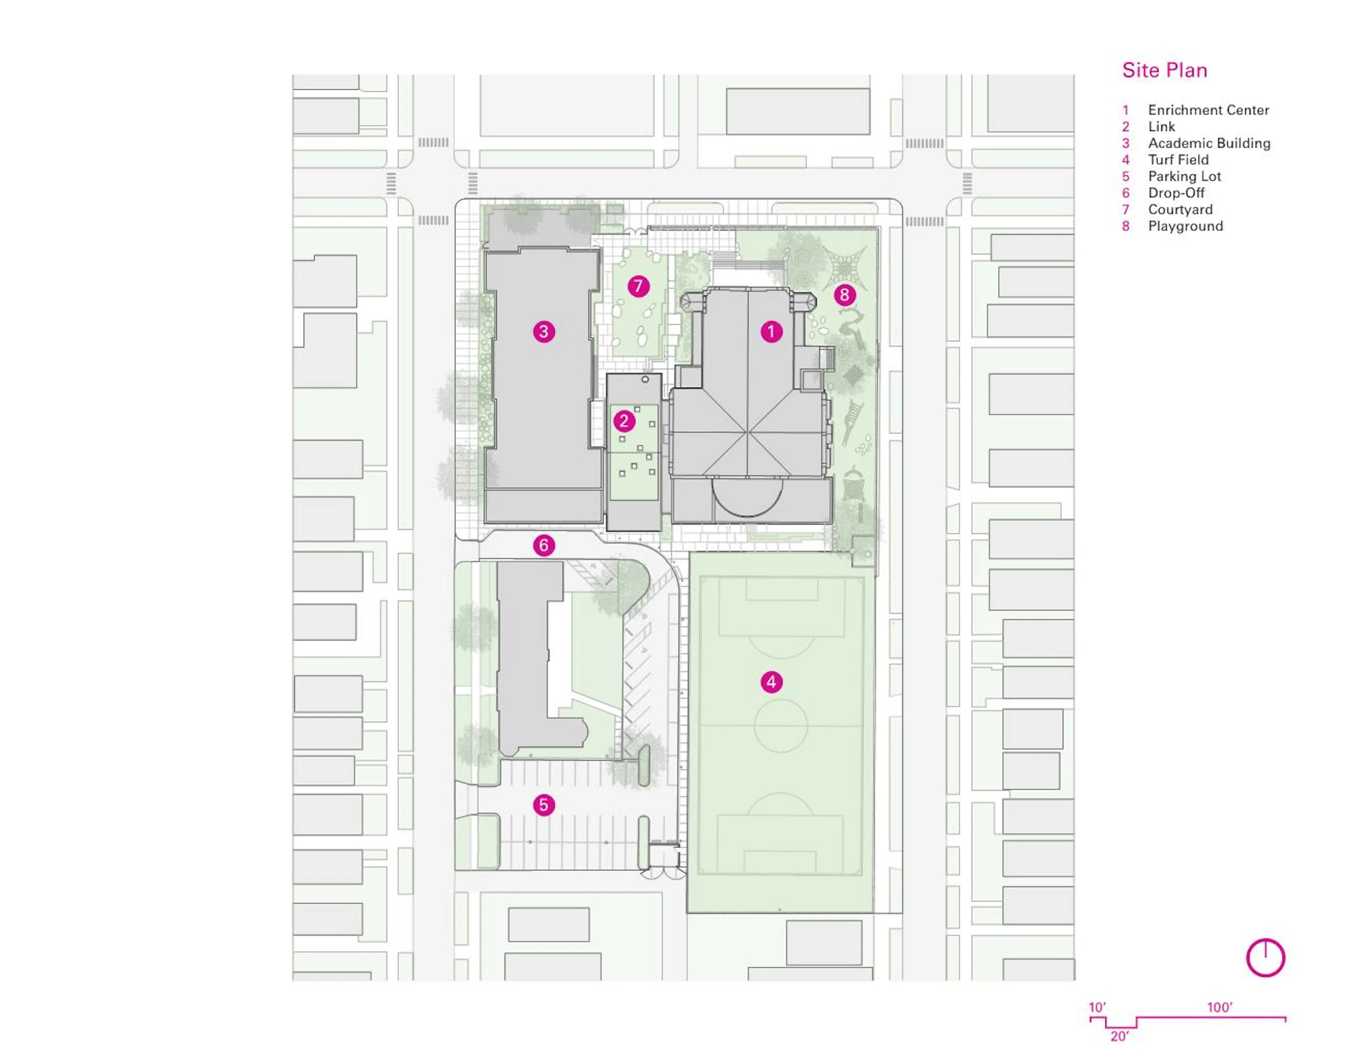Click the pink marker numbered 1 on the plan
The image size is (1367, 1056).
point(771,331)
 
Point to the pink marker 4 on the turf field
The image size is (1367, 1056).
point(771,682)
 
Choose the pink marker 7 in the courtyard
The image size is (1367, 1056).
point(638,286)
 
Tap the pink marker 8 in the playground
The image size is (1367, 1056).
point(844,295)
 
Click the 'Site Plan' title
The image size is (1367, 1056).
point(1164,70)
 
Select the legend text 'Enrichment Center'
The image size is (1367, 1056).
point(1208,110)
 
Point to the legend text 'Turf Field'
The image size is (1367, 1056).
point(1178,159)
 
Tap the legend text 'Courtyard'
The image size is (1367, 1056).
point(1180,210)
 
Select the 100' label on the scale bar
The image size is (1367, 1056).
point(1219,1007)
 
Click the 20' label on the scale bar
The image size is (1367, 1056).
point(1119,1036)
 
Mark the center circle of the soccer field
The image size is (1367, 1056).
point(781,725)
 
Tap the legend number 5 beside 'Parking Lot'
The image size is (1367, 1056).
point(1125,177)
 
